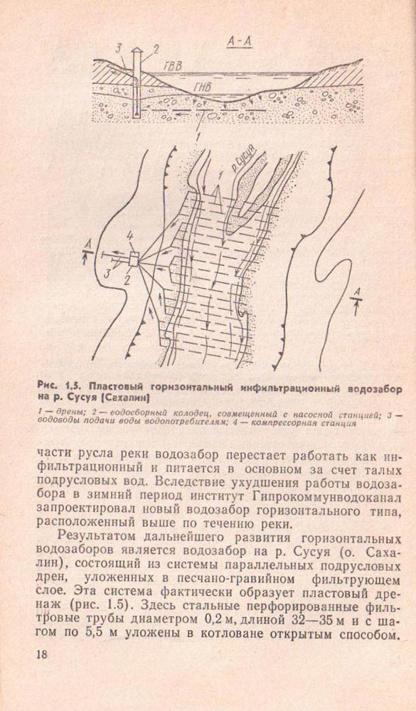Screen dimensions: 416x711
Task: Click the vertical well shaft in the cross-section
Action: [x=137, y=85]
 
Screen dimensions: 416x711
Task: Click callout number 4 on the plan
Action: [x=129, y=236]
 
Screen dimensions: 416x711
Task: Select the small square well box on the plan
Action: [x=134, y=260]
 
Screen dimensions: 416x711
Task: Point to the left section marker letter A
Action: [x=89, y=245]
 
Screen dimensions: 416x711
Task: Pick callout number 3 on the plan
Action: [x=107, y=273]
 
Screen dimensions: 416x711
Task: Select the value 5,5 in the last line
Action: [x=97, y=631]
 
